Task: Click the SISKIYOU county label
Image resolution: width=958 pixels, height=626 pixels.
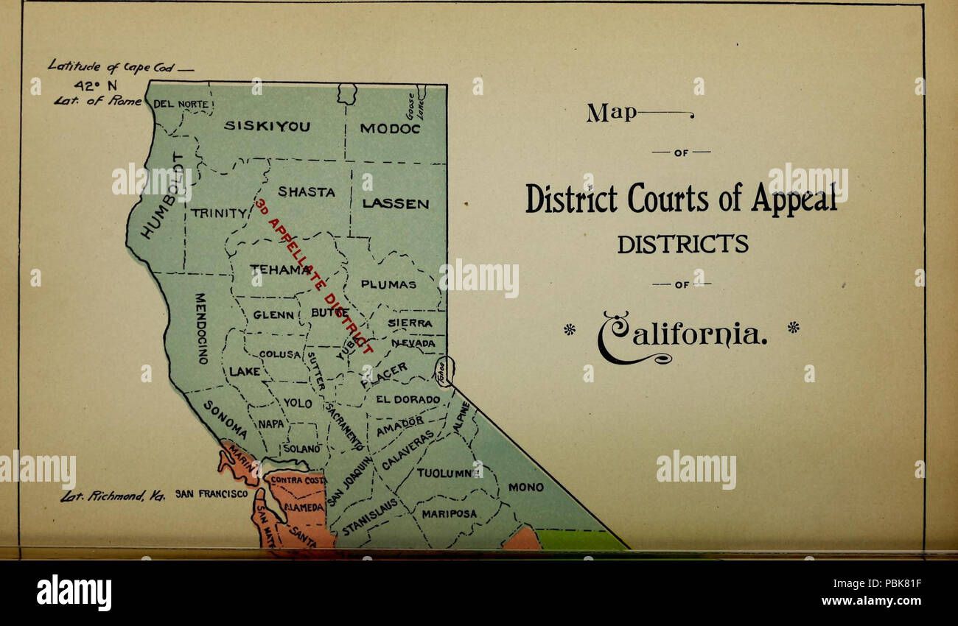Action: coord(267,126)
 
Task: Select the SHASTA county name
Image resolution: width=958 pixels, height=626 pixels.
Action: coord(306,192)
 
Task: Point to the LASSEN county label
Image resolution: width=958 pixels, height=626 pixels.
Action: coord(396,204)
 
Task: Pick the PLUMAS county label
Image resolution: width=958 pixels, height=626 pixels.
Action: coord(388,284)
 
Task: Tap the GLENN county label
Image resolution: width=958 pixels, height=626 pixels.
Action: coord(274,314)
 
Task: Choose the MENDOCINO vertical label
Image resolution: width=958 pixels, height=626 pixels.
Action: coord(200,328)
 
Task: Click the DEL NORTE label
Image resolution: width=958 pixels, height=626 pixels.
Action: coord(181,104)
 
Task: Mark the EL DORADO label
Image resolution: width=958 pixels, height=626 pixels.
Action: coord(408,400)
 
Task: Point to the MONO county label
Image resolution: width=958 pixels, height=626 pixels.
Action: coord(526,488)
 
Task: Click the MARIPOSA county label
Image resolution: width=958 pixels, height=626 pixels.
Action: coord(450,513)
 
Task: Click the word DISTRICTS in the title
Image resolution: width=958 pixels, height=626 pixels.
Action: coord(682,243)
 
